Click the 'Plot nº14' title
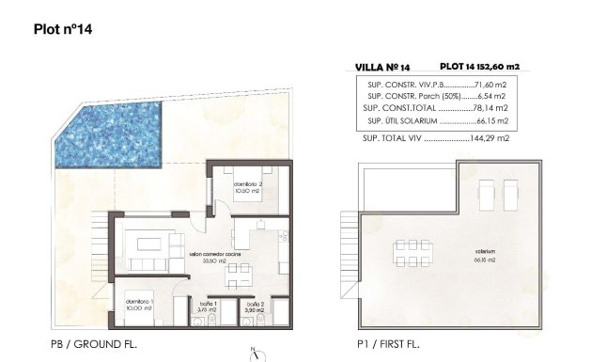pos(62,28)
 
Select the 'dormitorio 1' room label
pos(138,303)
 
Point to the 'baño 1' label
pos(210,304)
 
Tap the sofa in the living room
pos(149,247)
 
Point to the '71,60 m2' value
pos(494,83)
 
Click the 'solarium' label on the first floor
pos(485,251)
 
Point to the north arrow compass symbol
pos(253,354)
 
